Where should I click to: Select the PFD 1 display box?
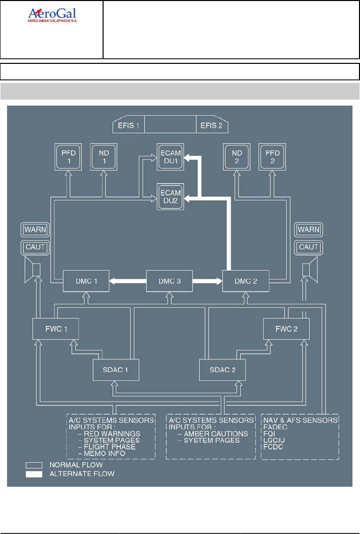point(68,156)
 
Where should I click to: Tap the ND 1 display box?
point(103,156)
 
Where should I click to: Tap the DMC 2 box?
point(246,281)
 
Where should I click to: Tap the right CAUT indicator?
point(309,246)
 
